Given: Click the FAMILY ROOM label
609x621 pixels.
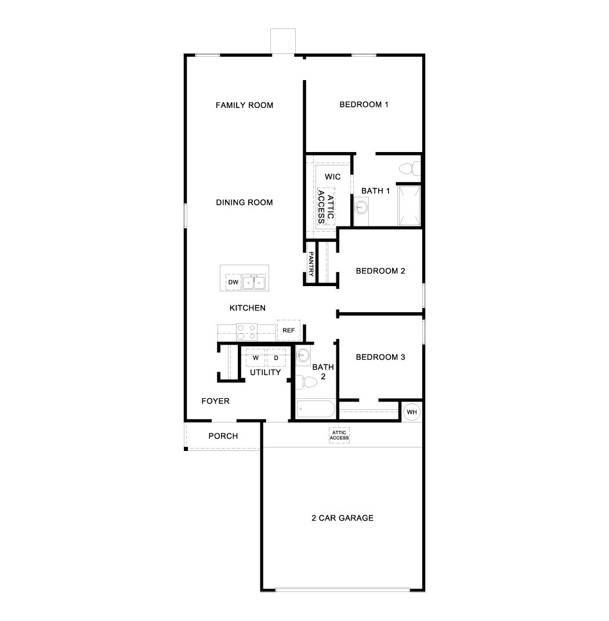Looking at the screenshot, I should point(244,105).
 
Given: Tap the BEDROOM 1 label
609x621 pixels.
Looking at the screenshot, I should point(364,104).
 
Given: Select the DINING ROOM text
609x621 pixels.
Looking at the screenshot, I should point(244,203).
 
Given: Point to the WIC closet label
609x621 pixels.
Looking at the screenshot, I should point(332,176).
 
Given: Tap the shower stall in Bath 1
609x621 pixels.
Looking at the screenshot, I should point(409,206).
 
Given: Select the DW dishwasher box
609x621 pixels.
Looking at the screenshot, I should point(233,282).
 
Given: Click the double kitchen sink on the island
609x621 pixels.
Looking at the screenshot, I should point(254,283).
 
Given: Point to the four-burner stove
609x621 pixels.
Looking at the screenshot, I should point(247,332).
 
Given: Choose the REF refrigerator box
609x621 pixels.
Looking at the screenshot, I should point(288,330).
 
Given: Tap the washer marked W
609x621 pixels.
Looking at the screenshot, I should point(255,358).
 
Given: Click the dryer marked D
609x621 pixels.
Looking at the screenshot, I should point(277,358).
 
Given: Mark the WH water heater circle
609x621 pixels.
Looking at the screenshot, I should point(412,412).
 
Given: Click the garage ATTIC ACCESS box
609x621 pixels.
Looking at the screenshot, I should point(339,435).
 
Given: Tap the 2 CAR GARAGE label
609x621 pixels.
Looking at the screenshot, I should point(342,518).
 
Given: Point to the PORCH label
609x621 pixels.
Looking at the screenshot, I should point(223,436).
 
